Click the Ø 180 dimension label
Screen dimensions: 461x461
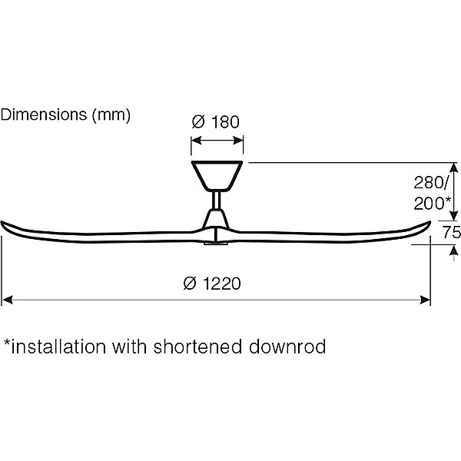pyautogui.click(x=215, y=122)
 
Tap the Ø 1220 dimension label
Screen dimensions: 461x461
pyautogui.click(x=212, y=284)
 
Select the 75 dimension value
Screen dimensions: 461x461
pyautogui.click(x=452, y=232)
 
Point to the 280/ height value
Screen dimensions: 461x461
pyautogui.click(x=431, y=183)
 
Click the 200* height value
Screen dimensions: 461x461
pyautogui.click(x=432, y=203)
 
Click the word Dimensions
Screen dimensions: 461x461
pyautogui.click(x=44, y=114)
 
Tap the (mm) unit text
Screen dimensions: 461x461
pyautogui.click(x=111, y=115)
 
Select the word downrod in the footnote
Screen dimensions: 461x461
pyautogui.click(x=287, y=347)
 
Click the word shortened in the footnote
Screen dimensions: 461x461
pyautogui.click(x=197, y=347)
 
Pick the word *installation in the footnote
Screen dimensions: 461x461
pyautogui.click(x=55, y=347)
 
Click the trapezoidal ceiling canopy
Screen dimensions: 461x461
pyautogui.click(x=217, y=176)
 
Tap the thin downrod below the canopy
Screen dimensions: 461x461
pyautogui.click(x=217, y=201)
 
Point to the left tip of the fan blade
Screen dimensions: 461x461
pyautogui.click(x=2, y=222)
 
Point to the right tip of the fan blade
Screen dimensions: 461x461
pyautogui.click(x=430, y=222)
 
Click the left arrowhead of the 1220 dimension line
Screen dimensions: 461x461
pyautogui.click(x=8, y=300)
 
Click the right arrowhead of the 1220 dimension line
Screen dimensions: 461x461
pyautogui.click(x=425, y=300)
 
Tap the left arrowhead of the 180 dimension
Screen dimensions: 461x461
pyautogui.click(x=196, y=141)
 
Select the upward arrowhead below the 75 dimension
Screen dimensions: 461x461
pyautogui.click(x=454, y=251)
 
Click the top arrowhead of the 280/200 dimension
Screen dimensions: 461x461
pyautogui.click(x=454, y=167)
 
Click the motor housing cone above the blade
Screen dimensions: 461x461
pyautogui.click(x=216, y=218)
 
